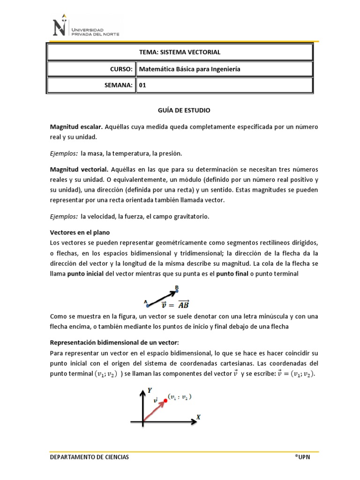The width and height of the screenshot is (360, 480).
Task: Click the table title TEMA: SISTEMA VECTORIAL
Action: pos(180,52)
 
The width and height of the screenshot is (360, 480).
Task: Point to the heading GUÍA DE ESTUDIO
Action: pos(180,111)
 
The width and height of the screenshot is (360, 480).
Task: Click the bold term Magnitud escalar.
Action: pos(76,127)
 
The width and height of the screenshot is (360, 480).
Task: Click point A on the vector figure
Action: pos(148,305)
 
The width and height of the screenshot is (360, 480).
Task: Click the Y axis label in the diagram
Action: pos(149,390)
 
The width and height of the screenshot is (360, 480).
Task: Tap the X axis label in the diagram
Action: pos(198,417)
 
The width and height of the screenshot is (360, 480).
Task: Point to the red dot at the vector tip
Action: pos(165,400)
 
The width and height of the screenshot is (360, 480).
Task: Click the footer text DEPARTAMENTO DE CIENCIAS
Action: pos(89,457)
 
